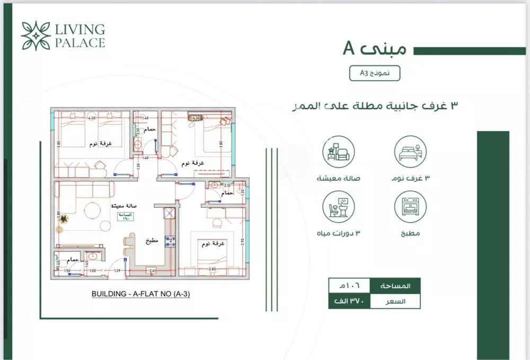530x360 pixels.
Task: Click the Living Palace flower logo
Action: (x=36, y=36)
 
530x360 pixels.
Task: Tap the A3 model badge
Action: (x=375, y=74)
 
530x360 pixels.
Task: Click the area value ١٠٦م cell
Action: (x=348, y=285)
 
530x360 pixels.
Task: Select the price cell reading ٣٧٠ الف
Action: (x=348, y=301)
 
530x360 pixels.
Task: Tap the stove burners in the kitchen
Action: (x=171, y=242)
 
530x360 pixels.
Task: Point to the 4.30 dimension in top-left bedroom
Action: (x=91, y=118)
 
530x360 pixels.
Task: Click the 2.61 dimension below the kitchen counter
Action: (x=153, y=271)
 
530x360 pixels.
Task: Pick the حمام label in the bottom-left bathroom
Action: (x=74, y=259)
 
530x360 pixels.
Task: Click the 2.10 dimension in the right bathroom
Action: (x=226, y=186)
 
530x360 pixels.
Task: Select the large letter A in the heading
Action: (x=349, y=49)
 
